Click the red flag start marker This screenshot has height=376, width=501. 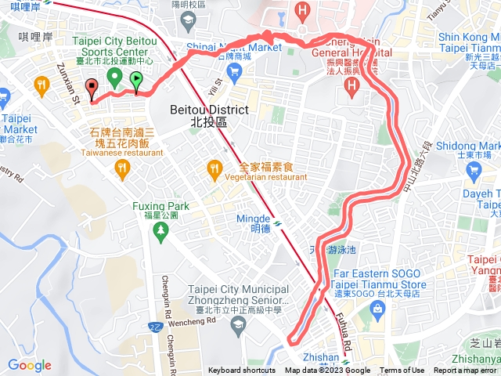click(92, 89)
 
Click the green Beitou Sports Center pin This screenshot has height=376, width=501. click(114, 78)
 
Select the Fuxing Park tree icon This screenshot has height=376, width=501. click(160, 230)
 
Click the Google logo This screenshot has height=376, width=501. click(30, 365)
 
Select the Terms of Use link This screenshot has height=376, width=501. click(402, 371)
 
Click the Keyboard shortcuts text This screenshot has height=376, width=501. click(242, 371)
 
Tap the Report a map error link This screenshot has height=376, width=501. click(467, 371)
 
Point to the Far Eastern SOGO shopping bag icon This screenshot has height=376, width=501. click(377, 308)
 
